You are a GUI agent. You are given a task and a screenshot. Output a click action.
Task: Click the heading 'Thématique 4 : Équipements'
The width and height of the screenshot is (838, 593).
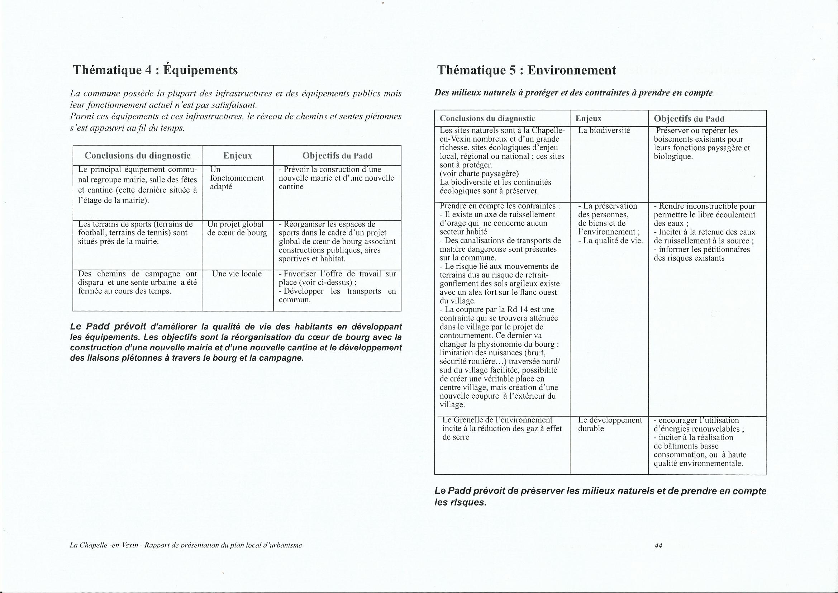[x=156, y=70]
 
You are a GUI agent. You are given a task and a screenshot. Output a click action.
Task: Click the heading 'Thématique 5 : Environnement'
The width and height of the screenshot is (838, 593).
[x=526, y=70]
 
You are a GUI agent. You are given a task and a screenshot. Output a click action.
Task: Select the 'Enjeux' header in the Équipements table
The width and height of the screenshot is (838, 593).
[x=238, y=156]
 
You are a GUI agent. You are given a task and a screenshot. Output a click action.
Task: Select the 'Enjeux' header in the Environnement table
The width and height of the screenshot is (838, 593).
[x=588, y=119]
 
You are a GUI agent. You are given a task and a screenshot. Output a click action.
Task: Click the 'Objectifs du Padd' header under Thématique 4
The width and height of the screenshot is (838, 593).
[x=337, y=156]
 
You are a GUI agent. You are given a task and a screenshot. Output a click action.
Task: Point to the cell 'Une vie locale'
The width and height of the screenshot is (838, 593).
[x=237, y=274]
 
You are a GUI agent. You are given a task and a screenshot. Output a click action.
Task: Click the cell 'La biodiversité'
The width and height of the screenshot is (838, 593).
[x=604, y=131]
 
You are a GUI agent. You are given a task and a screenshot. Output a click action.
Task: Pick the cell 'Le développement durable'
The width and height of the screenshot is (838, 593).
[x=610, y=424]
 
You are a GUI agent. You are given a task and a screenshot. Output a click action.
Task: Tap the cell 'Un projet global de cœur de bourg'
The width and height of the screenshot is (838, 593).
[x=237, y=228]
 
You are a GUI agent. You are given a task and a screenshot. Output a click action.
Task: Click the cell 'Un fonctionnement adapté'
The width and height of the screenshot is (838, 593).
[x=237, y=178]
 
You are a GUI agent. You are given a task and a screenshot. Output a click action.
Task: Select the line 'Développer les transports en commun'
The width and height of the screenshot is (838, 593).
[x=337, y=295]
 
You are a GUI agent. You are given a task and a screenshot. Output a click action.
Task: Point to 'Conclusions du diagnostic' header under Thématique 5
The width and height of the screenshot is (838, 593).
[x=487, y=119]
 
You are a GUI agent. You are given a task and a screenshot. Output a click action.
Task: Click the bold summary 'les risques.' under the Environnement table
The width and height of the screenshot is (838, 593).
[x=461, y=502]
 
